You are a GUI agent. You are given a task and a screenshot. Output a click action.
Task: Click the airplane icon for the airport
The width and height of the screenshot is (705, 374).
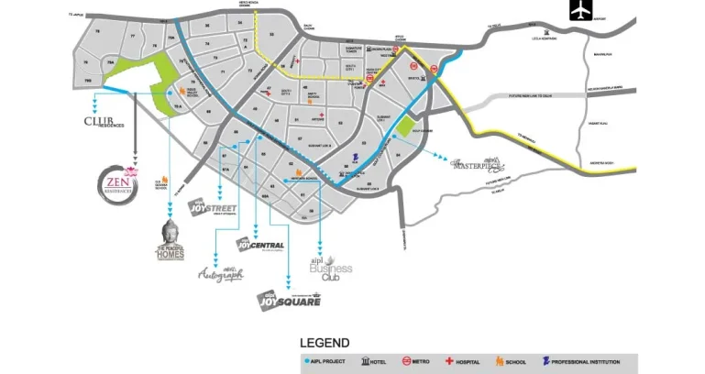(x=581, y=10)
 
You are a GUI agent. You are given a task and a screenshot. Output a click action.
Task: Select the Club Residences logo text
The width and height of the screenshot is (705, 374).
(x=106, y=121)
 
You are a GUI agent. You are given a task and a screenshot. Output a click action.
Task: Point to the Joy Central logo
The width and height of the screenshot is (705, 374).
(x=260, y=244)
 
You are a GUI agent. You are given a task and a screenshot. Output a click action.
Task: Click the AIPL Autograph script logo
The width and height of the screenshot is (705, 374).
(x=221, y=272)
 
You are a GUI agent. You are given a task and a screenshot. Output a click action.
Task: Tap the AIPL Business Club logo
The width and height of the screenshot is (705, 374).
(x=330, y=270)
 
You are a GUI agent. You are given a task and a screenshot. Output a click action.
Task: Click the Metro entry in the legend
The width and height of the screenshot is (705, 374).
(x=415, y=363)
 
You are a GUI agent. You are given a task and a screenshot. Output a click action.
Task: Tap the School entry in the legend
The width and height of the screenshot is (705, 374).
(x=512, y=363)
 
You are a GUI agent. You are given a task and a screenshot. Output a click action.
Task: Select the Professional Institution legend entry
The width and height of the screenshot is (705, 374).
(x=587, y=363)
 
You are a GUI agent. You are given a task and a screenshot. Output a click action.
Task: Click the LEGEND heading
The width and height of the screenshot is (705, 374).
(x=325, y=343)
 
